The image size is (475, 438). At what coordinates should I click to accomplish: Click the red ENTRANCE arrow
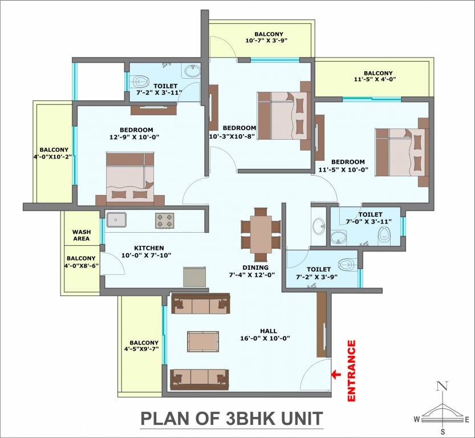(x=336, y=375)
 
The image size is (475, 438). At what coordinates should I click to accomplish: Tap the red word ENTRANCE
(x=352, y=371)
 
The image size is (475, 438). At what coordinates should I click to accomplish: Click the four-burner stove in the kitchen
(x=165, y=220)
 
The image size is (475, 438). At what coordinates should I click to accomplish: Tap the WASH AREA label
(x=82, y=235)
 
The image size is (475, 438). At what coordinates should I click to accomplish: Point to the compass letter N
(x=441, y=386)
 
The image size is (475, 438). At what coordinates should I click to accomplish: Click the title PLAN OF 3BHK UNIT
(x=232, y=418)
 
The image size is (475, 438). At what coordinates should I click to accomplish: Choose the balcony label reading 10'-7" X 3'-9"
(x=265, y=38)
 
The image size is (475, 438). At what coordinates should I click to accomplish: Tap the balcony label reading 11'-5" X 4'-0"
(x=378, y=76)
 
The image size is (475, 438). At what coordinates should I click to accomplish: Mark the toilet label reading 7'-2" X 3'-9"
(x=318, y=273)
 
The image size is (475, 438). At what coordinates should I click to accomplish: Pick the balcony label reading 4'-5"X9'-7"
(x=141, y=346)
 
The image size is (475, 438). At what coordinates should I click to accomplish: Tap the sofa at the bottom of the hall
(x=200, y=378)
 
